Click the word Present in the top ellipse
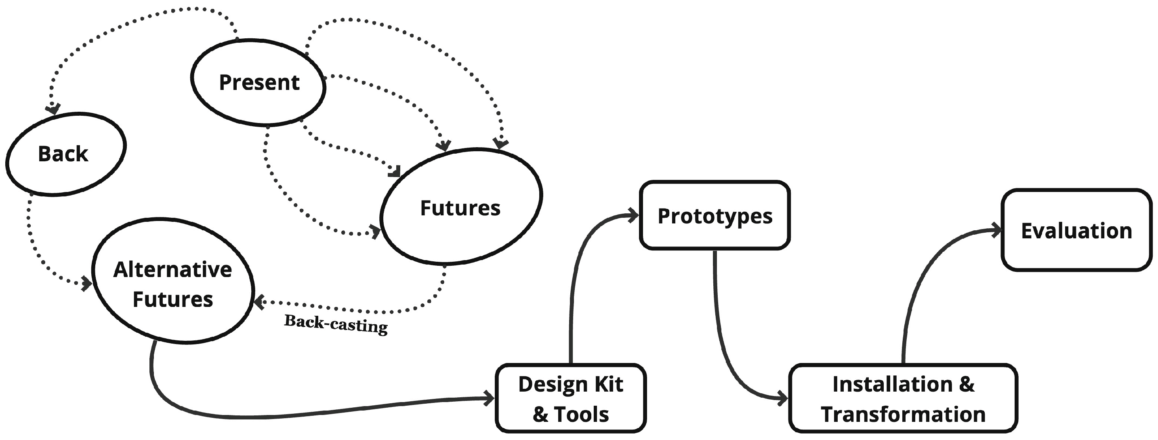pyautogui.click(x=259, y=83)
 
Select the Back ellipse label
pyautogui.click(x=63, y=154)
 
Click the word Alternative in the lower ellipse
pyautogui.click(x=172, y=270)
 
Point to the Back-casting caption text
pyautogui.click(x=336, y=324)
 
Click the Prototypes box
pyautogui.click(x=715, y=216)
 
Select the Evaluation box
pyautogui.click(x=1076, y=231)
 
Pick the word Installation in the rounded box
pyautogui.click(x=892, y=385)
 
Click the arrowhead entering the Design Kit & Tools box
pyautogui.click(x=490, y=398)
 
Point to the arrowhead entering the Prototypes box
pyautogui.click(x=634, y=215)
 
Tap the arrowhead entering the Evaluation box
pyautogui.click(x=997, y=231)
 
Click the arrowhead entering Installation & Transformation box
pyautogui.click(x=783, y=398)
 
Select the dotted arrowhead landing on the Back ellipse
pyautogui.click(x=53, y=109)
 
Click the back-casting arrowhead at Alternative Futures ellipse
pyautogui.click(x=259, y=302)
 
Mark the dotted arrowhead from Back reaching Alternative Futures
pyautogui.click(x=87, y=284)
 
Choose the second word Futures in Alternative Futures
pyautogui.click(x=172, y=300)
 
